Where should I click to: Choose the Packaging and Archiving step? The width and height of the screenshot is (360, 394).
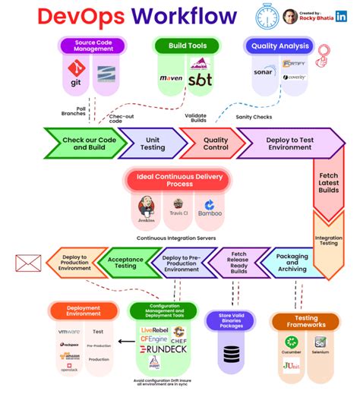coord(292,263)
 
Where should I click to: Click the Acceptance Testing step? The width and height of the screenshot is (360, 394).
coord(125,263)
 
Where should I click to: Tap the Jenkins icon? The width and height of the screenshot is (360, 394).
coord(146,208)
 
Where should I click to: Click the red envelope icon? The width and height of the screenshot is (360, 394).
coord(28,263)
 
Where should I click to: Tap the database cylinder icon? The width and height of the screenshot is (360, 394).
coord(232,354)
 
